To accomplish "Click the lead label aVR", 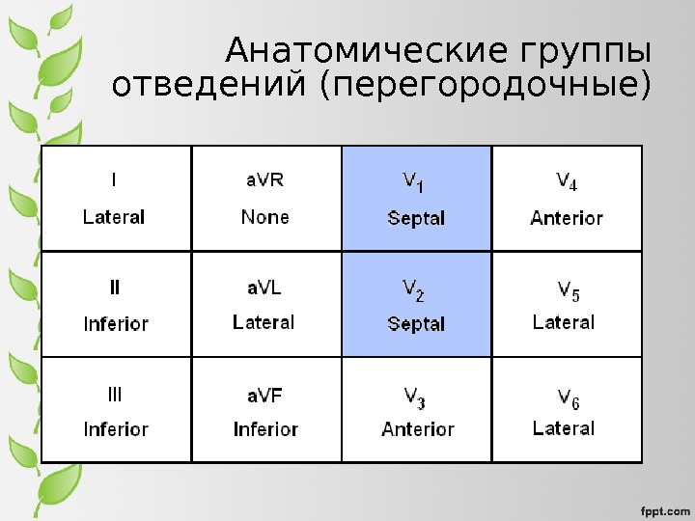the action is tap(264, 180).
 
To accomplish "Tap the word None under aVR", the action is tap(264, 217).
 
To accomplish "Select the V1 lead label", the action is tap(414, 180).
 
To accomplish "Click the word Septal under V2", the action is tap(416, 324).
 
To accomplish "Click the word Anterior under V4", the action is tap(567, 218).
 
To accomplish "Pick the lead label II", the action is tap(115, 288).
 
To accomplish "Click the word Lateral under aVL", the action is tap(264, 322).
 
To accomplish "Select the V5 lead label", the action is tap(569, 289).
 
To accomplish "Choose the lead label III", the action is tap(114, 395).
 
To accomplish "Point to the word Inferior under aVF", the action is tap(265, 429).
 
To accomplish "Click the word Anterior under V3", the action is tap(418, 429).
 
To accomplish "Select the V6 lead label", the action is tap(569, 397).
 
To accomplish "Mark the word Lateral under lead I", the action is tap(114, 217).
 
